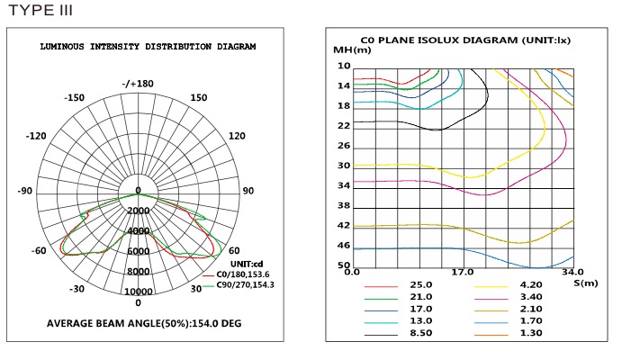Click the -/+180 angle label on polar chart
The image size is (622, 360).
(x=138, y=84)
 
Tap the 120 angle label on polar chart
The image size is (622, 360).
(x=237, y=136)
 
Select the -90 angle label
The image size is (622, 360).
(x=24, y=191)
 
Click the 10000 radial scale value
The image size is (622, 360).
(x=138, y=292)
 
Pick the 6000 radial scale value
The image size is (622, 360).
(x=138, y=252)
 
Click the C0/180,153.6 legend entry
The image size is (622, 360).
(x=236, y=274)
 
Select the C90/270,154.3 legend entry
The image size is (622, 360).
(x=238, y=285)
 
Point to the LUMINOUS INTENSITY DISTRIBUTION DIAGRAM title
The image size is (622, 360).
(x=148, y=46)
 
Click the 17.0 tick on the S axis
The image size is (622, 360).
(x=462, y=272)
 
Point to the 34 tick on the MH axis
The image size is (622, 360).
(x=343, y=185)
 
